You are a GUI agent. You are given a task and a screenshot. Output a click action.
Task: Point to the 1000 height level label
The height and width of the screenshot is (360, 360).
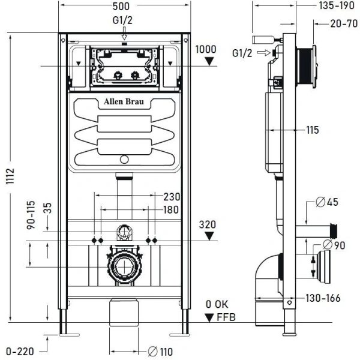tap(205, 49)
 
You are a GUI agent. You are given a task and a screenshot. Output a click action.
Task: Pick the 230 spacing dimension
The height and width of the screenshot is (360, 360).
tap(172, 197)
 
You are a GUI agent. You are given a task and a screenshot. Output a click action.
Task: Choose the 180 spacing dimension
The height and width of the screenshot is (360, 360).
tap(172, 210)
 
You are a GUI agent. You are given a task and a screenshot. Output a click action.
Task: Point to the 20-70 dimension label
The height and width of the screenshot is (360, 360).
tap(339, 24)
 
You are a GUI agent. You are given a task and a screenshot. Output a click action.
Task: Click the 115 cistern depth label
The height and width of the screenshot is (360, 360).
tap(311, 130)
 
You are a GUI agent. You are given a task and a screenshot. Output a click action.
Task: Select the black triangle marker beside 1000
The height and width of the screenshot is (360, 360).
tap(208, 61)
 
